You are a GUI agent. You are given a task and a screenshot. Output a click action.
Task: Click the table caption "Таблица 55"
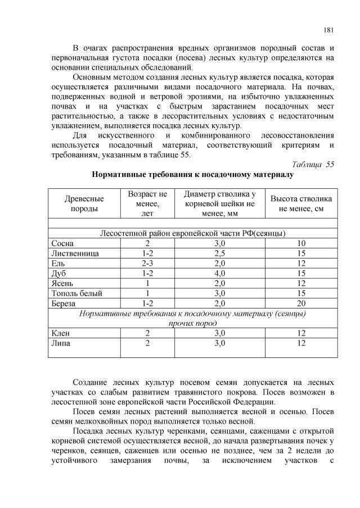click(313, 164)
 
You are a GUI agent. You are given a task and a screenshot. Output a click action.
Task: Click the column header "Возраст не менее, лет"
click(147, 203)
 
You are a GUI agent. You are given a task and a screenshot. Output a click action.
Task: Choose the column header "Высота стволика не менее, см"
click(301, 203)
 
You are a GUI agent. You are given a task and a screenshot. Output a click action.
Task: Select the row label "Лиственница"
click(75, 253)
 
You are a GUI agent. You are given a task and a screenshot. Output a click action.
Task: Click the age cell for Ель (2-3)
click(147, 263)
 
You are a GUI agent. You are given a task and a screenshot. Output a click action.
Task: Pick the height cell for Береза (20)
click(301, 303)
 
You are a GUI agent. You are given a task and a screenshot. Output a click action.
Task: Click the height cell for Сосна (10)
click(301, 243)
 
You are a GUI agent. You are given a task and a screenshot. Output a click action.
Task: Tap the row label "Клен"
click(60, 333)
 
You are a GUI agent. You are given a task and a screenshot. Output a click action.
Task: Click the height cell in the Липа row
click(301, 343)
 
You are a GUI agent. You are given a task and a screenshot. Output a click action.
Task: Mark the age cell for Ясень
click(147, 283)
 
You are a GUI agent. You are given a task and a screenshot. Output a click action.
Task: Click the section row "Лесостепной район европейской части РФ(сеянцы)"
click(192, 233)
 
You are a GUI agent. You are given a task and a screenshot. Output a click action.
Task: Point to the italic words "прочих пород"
click(192, 323)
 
